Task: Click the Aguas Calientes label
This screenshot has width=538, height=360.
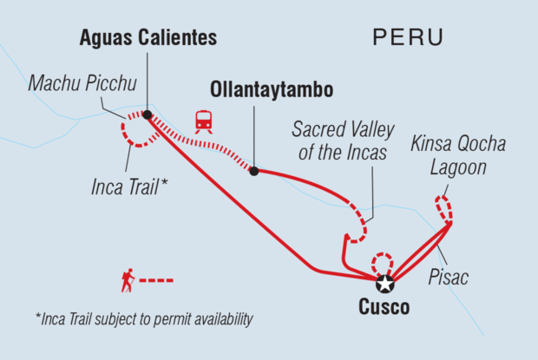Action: click(x=148, y=37)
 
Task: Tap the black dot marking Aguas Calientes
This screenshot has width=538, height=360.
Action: click(x=148, y=115)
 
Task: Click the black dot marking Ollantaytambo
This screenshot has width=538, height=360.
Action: click(x=253, y=171)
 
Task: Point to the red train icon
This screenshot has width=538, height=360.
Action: click(x=204, y=121)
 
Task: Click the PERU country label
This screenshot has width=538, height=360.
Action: click(x=407, y=37)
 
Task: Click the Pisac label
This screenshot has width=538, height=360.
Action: click(x=449, y=278)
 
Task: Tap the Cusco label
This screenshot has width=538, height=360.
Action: click(x=383, y=307)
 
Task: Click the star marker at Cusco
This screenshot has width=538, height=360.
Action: click(x=384, y=283)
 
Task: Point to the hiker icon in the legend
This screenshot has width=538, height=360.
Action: click(x=128, y=281)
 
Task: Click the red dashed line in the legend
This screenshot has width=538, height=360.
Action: click(x=157, y=281)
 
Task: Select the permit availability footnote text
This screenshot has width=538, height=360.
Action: click(x=144, y=320)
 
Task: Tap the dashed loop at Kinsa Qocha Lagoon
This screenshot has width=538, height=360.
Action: click(x=443, y=208)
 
